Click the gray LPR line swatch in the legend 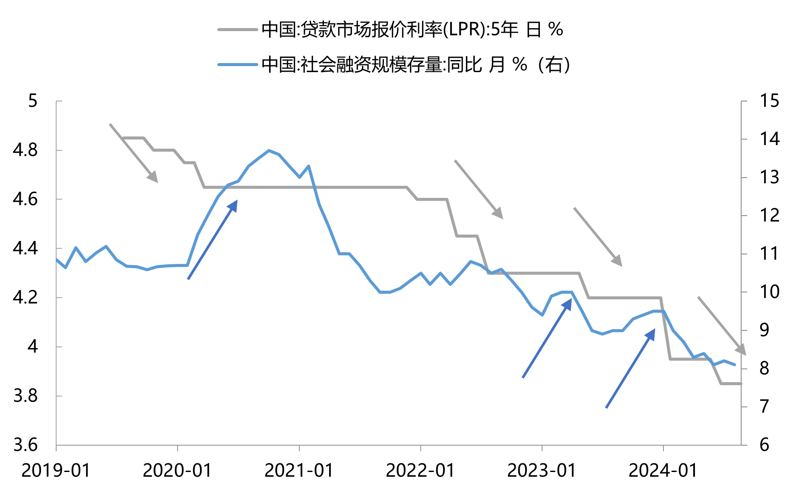point(238,30)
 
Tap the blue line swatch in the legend point(238,65)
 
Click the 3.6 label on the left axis point(25,445)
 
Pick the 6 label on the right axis point(764,445)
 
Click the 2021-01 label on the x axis point(299,470)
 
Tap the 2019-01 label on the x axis point(56,470)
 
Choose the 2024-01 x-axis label point(663,470)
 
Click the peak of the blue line point(269,151)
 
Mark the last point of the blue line point(735,365)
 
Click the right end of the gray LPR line point(741,383)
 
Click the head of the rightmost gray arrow point(742,351)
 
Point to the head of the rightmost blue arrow point(652,333)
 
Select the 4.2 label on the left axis point(25,298)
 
